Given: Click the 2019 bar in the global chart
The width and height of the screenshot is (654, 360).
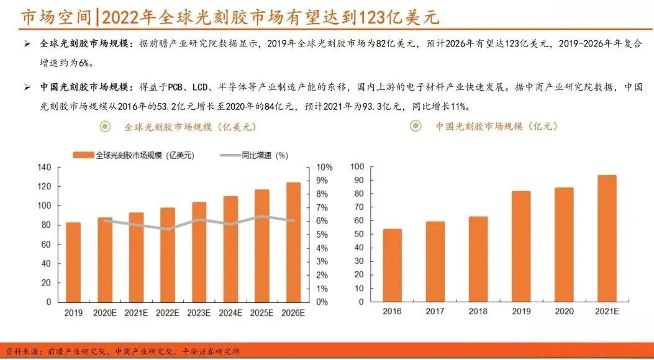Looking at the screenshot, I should (x=73, y=262).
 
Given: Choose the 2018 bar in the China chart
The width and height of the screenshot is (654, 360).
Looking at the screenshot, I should (x=478, y=259).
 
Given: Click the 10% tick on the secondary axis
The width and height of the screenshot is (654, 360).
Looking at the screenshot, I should (x=325, y=168).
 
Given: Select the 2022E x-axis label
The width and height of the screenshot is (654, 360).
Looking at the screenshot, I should (x=168, y=313).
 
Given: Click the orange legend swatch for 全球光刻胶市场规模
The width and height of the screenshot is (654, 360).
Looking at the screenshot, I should (x=83, y=155).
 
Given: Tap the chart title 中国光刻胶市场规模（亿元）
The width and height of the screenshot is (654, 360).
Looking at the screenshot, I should (x=496, y=127).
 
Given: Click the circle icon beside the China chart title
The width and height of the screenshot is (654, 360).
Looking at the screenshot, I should (x=416, y=127).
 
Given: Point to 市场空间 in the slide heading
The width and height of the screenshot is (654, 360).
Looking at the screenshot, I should (x=46, y=17).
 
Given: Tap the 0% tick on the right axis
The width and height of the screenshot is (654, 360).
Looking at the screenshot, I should (x=323, y=302).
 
